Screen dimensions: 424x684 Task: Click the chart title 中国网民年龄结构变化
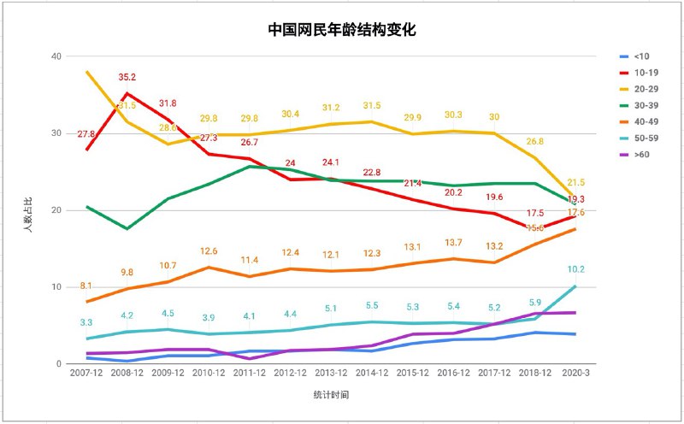(x=342, y=30)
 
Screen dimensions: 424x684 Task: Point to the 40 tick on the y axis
(x=57, y=56)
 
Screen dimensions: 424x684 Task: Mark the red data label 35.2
(x=127, y=76)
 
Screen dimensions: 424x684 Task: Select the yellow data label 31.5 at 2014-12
(x=372, y=105)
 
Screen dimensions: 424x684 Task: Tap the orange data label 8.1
(x=87, y=286)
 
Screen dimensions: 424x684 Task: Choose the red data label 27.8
(x=86, y=133)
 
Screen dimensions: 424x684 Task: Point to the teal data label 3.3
(x=87, y=322)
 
